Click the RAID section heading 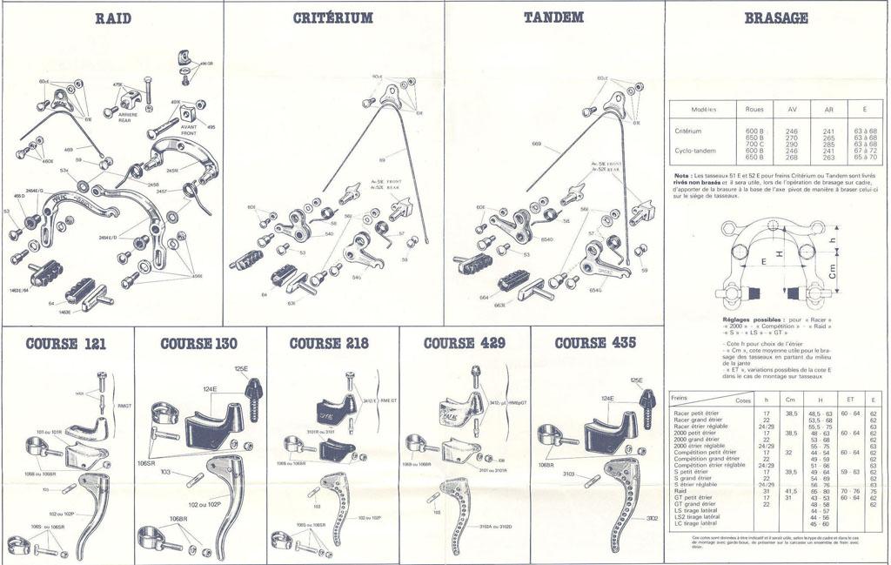(x=113, y=17)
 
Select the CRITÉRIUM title (x=334, y=17)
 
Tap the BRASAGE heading (x=777, y=17)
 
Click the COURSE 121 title (x=66, y=343)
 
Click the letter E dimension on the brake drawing (x=764, y=260)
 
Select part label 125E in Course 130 (x=241, y=369)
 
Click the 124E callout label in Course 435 (x=606, y=399)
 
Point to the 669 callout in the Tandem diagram (x=536, y=144)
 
